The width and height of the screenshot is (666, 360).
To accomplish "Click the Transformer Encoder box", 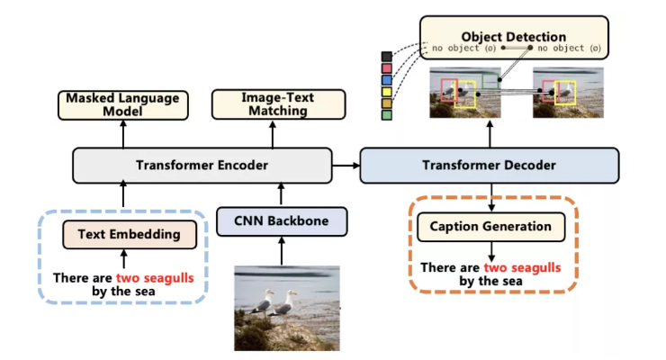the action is [202, 165].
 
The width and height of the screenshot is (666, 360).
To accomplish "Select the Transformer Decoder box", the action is [490, 165].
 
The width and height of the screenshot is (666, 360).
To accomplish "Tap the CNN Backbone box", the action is [282, 221].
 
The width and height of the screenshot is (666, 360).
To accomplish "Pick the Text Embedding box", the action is [130, 234].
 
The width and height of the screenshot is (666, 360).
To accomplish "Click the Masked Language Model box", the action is [123, 105].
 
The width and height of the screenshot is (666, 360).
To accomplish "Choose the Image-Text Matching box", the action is [279, 104].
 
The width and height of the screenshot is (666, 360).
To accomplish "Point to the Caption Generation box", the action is [491, 227].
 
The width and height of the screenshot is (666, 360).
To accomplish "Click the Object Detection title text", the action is [514, 37].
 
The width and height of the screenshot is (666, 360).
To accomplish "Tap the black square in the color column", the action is [386, 57].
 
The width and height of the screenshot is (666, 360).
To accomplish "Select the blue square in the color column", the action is [386, 80].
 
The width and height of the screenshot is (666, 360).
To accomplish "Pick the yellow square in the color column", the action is [386, 91].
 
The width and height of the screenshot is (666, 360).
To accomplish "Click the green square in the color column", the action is [386, 114].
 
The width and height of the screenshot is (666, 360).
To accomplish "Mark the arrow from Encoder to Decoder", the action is [346, 165].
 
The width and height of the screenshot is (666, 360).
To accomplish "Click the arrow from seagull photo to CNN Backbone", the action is [281, 251].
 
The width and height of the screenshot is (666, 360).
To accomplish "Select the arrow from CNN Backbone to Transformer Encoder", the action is [281, 195].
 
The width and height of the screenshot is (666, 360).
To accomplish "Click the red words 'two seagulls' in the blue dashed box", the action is [155, 278].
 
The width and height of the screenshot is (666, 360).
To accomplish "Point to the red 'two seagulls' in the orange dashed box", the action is [522, 268].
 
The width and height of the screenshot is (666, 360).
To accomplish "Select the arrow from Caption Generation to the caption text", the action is [491, 252].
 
